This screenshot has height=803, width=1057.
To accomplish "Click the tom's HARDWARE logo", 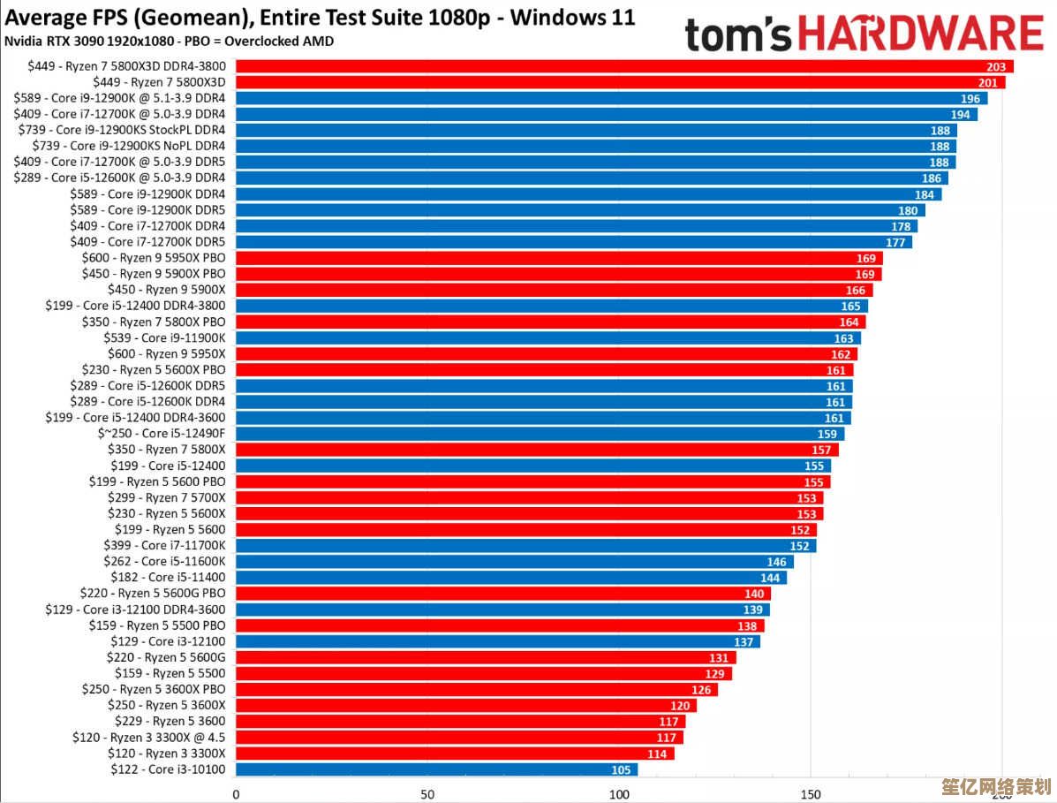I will (x=864, y=34).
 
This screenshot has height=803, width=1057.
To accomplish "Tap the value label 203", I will (x=997, y=66).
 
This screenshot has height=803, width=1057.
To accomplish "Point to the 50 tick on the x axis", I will (x=427, y=793).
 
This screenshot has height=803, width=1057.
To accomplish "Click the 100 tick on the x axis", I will (x=620, y=793).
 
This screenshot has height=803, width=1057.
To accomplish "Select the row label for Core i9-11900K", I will (x=166, y=337).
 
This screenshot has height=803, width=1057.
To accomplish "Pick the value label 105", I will (x=621, y=769).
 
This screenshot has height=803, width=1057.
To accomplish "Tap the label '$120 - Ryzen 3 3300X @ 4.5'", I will (x=149, y=737).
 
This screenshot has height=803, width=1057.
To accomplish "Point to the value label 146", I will (x=776, y=562).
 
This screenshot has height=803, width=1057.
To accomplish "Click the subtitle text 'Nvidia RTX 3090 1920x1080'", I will (x=83, y=41).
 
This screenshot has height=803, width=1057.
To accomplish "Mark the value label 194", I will (x=960, y=114).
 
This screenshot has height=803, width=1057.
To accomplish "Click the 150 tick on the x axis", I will (x=812, y=793).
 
